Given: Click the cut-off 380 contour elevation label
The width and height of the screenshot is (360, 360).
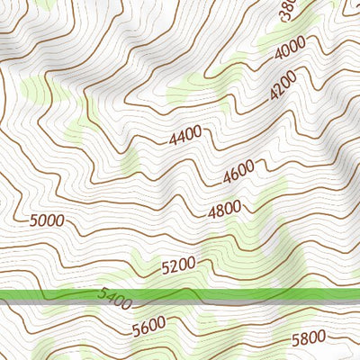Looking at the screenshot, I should (287, 12).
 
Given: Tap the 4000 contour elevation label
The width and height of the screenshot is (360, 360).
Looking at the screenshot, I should (291, 51).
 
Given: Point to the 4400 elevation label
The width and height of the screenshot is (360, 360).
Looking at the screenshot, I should (185, 137).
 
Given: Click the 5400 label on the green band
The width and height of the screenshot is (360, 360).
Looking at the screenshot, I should (113, 297).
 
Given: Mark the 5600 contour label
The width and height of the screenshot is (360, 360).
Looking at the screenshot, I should (148, 328).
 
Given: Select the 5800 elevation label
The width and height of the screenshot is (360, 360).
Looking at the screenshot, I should (310, 339).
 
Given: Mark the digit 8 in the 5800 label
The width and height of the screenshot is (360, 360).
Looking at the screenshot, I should (304, 339).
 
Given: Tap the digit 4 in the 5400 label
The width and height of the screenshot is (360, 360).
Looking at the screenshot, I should (107, 296).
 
